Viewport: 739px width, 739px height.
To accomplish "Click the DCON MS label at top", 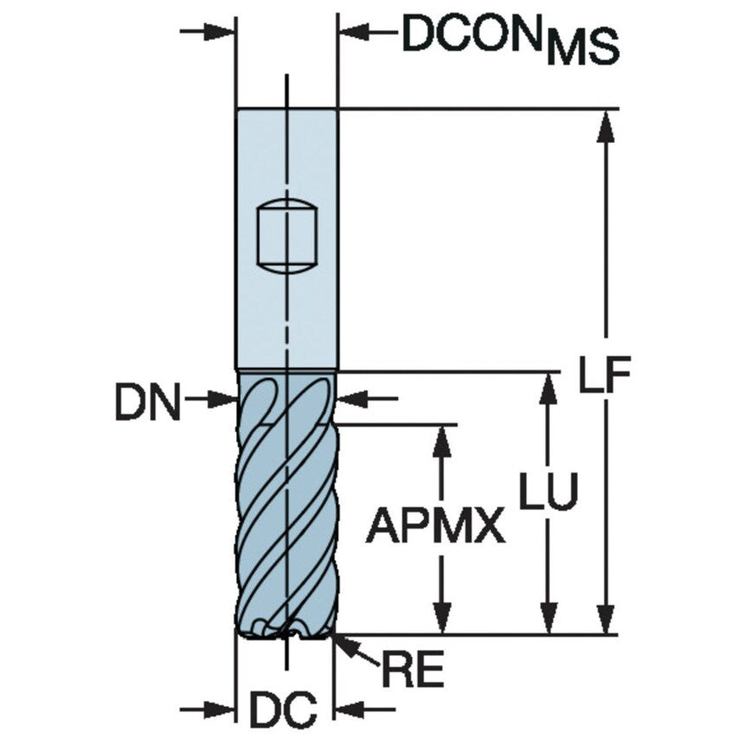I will (x=511, y=39).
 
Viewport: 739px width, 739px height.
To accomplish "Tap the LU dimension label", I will (x=548, y=492).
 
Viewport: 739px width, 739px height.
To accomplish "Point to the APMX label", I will (x=435, y=525).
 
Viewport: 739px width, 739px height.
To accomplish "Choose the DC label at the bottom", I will (x=283, y=710).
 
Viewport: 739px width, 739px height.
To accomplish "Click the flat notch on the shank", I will (x=286, y=237).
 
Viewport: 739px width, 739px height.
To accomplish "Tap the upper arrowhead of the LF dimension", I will (x=607, y=125).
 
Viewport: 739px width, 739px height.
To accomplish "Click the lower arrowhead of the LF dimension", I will (x=607, y=618).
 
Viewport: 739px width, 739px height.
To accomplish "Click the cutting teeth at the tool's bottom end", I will (x=286, y=628).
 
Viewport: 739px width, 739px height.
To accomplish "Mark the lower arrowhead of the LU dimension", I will (x=547, y=618).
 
